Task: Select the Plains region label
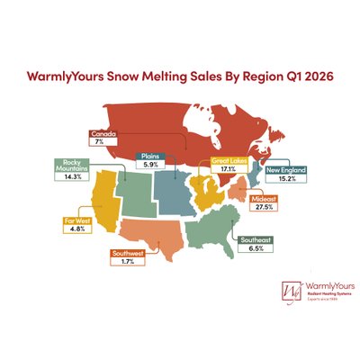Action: (x=148, y=155)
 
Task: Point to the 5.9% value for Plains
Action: (x=148, y=164)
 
